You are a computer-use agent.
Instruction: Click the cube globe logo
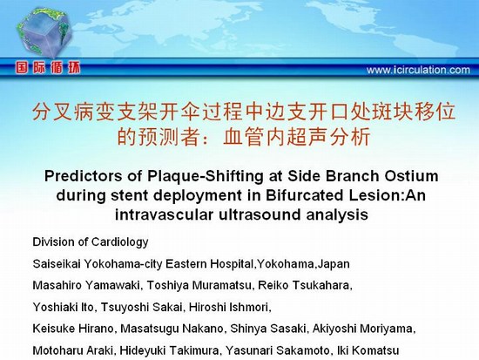pos(44,33)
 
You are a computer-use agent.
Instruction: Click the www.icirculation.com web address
pos(418,70)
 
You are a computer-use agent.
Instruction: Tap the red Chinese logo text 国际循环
pos(48,68)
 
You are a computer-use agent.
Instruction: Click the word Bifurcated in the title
pos(305,195)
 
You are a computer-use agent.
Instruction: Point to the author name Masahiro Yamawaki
pos(86,285)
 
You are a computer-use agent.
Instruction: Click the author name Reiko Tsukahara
pos(304,285)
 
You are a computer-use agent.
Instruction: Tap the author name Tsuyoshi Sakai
pos(142,307)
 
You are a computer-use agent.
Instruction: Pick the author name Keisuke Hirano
pos(73,329)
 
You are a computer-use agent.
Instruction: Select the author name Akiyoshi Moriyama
pos(362,329)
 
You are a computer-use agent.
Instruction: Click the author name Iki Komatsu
pos(368,350)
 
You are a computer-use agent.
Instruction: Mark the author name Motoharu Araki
pos(72,350)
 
